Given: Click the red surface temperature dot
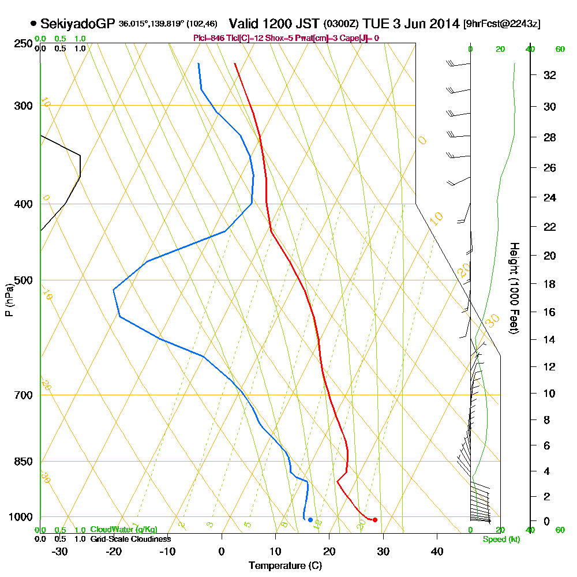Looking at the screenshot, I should tap(375, 520).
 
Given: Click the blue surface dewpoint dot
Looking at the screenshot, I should tap(310, 520).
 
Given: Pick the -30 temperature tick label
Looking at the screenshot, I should tap(60, 551).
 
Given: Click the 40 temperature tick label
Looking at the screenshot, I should tap(437, 551).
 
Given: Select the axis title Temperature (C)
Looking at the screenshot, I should tap(284, 566).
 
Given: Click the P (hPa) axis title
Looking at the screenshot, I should tap(9, 300).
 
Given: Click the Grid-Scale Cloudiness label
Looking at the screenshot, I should tap(130, 539).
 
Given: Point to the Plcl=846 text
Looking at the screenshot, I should tap(209, 38).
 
